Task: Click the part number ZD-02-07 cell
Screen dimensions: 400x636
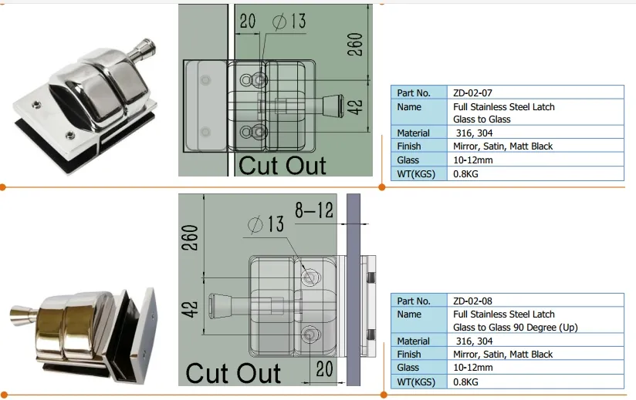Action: (473, 92)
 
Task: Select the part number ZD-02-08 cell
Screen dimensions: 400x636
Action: (473, 301)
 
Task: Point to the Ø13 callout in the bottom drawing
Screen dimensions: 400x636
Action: (266, 224)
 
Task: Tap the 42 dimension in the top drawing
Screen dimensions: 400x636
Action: (356, 106)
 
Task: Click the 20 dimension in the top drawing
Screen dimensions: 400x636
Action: (247, 21)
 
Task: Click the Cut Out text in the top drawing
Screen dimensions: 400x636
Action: (282, 164)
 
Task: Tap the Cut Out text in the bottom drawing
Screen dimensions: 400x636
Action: (233, 373)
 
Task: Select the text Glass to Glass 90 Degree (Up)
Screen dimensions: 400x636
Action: (515, 328)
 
